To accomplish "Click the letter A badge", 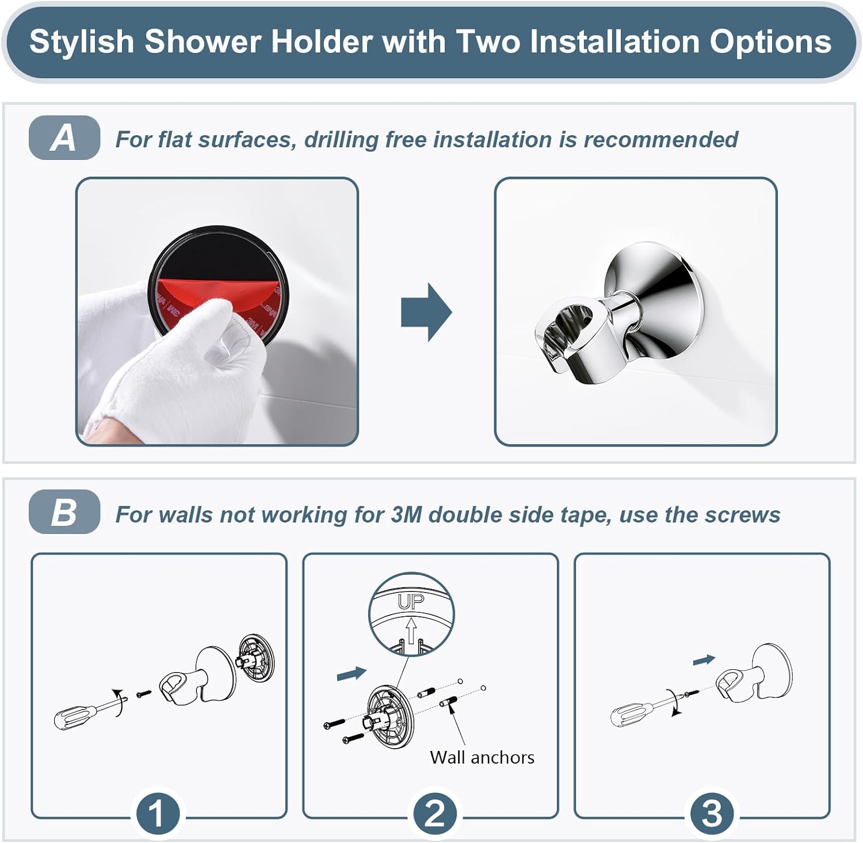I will tap(64, 138).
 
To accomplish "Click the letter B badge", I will tap(64, 512).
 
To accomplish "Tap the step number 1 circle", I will tap(156, 814).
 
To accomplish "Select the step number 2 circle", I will tap(434, 814).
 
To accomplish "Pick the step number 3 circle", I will tap(712, 814).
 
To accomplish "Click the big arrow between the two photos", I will tap(426, 312).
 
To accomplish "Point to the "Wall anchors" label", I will tap(482, 757).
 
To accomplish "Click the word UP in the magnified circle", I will tap(411, 602).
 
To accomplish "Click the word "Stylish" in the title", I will tap(81, 41).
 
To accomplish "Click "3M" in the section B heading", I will tap(406, 514).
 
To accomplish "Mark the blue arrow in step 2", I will tap(351, 673).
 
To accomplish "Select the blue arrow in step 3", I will tap(704, 661).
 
